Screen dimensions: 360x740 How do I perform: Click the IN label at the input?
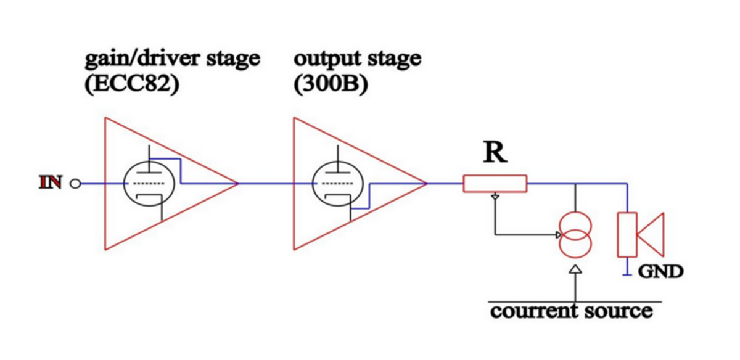point(51,184)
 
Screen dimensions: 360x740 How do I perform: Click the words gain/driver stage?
point(173,60)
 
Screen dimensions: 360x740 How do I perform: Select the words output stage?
point(358,60)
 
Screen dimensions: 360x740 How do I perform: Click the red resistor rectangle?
point(495,184)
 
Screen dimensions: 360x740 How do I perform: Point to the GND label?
point(662,271)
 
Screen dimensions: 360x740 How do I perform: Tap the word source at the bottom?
point(617,311)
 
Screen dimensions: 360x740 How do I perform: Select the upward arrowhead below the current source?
point(575,269)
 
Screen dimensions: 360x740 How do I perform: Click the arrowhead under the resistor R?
point(495,197)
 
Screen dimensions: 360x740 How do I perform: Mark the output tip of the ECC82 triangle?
point(237,184)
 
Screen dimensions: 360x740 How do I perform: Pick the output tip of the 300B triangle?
point(426,184)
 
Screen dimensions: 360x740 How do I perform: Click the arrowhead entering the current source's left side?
point(557,235)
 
